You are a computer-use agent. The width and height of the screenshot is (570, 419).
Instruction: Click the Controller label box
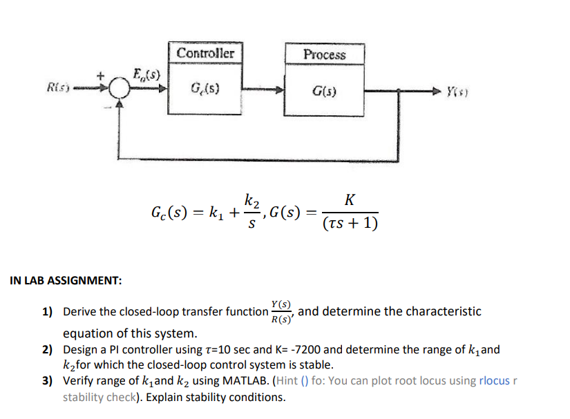(x=205, y=53)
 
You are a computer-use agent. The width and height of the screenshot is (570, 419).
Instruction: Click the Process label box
(x=324, y=55)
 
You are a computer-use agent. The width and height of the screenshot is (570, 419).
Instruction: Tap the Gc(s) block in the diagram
(x=205, y=89)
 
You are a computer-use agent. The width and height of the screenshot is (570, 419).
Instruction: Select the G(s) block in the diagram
(x=324, y=90)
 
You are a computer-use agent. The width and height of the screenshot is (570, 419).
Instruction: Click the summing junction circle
(x=120, y=88)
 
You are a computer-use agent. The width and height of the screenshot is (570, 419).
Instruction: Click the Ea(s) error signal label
(x=146, y=73)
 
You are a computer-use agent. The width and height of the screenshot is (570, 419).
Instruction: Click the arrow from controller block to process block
(x=263, y=90)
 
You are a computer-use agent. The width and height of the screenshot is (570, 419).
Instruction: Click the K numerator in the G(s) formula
(x=350, y=200)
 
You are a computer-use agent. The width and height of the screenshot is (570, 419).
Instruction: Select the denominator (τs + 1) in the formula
(x=350, y=224)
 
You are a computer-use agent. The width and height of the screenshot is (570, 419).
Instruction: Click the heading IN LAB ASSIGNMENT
(x=66, y=281)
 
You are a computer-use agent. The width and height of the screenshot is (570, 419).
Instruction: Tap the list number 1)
(x=48, y=312)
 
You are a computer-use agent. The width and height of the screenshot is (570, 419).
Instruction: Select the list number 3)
(x=48, y=380)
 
